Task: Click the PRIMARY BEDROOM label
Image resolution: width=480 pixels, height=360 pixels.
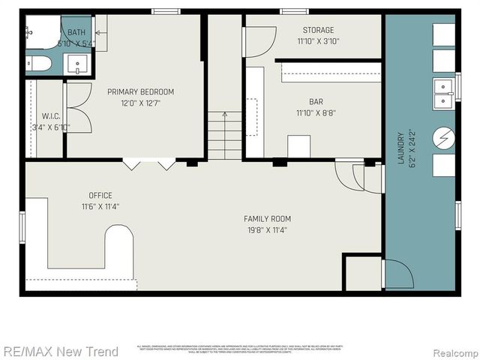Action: click(140, 91)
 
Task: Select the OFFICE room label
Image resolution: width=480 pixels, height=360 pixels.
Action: click(100, 195)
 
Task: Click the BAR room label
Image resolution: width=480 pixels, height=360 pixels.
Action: click(316, 102)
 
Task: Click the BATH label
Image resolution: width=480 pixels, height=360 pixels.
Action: click(76, 33)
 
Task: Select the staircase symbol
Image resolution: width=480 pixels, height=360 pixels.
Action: click(225, 135)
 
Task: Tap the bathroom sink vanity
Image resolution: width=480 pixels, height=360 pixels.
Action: click(77, 65)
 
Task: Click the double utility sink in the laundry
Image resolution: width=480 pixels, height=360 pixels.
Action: click(443, 91)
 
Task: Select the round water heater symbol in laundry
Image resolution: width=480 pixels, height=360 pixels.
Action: click(444, 138)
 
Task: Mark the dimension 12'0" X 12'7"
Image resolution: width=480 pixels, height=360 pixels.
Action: click(140, 103)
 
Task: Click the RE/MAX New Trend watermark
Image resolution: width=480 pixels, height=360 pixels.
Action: click(60, 351)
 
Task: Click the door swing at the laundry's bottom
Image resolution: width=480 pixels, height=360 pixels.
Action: click(397, 274)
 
